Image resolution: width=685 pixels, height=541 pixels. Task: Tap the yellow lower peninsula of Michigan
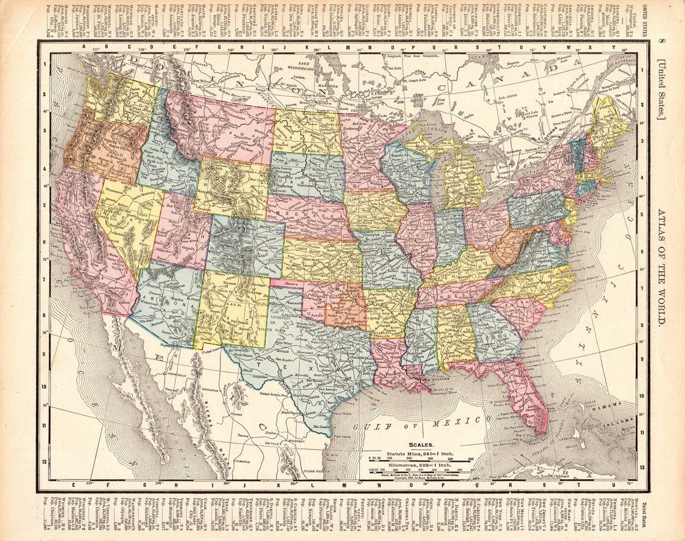[463, 180]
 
